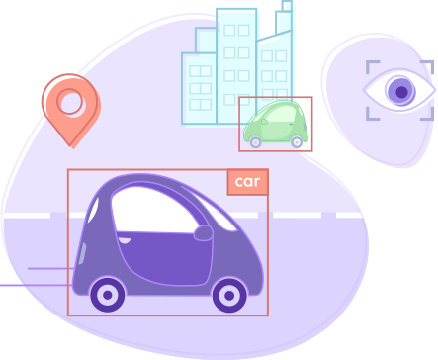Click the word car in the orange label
click(247, 182)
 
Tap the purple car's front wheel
click(229, 294)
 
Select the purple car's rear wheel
click(107, 294)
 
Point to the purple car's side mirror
click(203, 233)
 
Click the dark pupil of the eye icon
click(401, 92)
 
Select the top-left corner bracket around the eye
click(373, 67)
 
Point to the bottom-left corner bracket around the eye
click(373, 115)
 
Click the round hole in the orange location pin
click(70, 101)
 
